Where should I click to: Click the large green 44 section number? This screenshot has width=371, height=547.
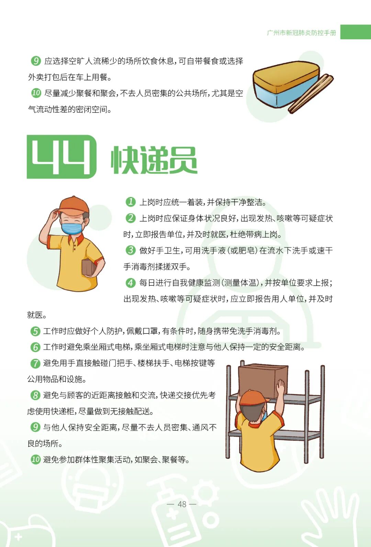61,157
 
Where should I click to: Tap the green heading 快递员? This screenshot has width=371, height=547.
154,160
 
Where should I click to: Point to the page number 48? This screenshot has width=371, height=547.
182,504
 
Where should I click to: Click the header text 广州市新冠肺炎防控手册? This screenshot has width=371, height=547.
301,33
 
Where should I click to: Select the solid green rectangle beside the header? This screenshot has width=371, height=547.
355,32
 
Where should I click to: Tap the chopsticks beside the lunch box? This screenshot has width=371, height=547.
311,94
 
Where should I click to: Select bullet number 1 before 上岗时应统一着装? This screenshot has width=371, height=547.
131,202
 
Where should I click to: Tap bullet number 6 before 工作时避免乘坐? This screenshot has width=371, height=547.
35,347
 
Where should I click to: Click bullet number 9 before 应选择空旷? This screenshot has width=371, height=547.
36,61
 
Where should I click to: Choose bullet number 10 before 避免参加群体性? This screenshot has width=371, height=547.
36,460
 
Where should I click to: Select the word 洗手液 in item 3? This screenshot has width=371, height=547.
213,251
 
